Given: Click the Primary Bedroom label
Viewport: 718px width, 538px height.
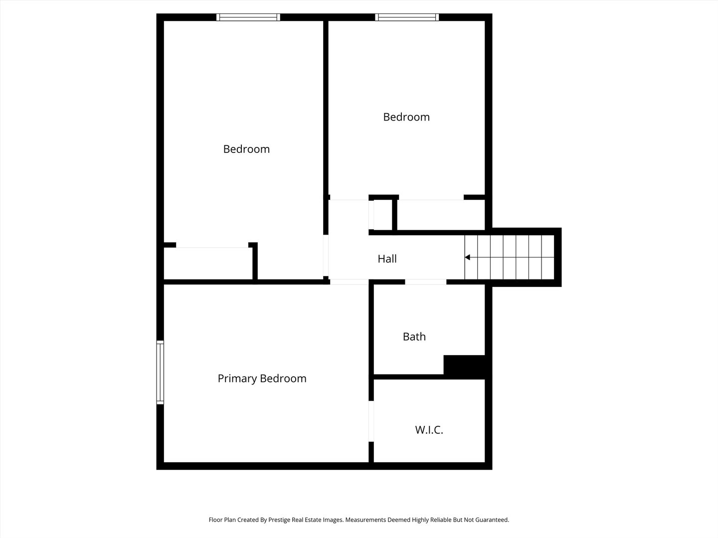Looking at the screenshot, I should [x=262, y=379].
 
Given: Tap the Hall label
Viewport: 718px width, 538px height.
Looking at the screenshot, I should [x=387, y=259].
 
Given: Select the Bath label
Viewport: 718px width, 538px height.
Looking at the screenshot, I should [x=414, y=337].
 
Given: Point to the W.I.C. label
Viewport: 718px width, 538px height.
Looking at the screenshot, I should [x=429, y=430].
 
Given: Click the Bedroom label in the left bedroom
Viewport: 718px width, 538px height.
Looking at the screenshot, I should [x=246, y=149].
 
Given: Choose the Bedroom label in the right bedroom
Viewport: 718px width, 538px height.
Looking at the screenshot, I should [x=406, y=117].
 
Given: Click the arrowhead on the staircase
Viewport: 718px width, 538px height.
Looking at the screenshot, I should [x=468, y=258].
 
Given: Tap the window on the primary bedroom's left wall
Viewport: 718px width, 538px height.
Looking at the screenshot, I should [x=160, y=372].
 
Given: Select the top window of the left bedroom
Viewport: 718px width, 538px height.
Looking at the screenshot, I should [x=248, y=17].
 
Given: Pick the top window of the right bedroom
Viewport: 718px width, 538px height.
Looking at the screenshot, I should [x=407, y=17].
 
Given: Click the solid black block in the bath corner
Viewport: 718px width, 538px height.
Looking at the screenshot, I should [x=464, y=366].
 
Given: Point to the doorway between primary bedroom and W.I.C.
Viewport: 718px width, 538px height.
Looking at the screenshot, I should [x=371, y=421].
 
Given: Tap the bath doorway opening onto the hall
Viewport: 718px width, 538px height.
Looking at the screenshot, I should [x=425, y=282].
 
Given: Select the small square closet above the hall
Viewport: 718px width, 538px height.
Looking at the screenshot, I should [x=383, y=214].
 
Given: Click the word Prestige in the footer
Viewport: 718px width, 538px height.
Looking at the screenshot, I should [x=279, y=520].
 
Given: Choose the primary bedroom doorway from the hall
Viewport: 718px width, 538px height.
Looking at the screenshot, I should [x=349, y=282].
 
